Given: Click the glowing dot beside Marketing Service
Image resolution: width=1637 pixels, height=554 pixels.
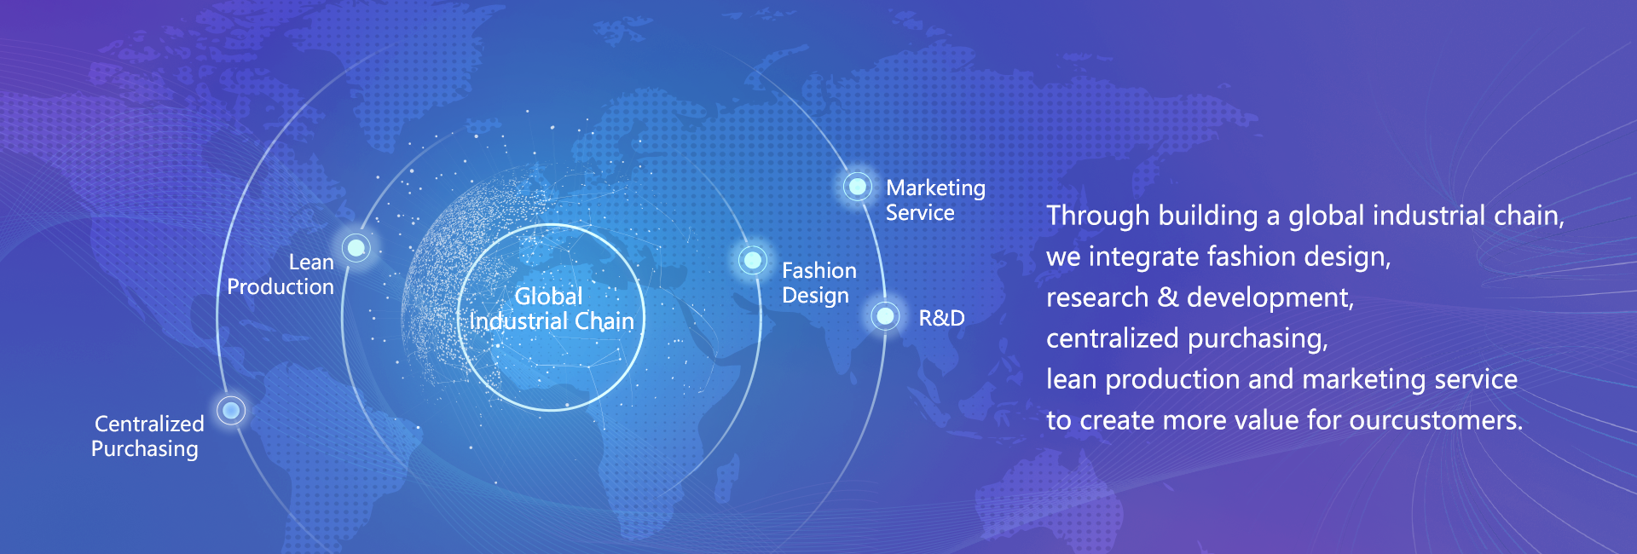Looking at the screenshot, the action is (x=857, y=186).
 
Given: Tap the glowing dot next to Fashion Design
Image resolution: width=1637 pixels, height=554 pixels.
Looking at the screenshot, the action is (x=753, y=259).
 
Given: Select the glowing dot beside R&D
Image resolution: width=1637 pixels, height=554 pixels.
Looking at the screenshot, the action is (x=886, y=316).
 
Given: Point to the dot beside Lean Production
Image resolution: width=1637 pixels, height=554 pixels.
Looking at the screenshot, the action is (x=356, y=248).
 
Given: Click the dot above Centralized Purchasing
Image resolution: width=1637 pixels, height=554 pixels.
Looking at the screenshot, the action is (x=231, y=411).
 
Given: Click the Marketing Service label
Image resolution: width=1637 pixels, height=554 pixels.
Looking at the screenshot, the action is (x=935, y=200).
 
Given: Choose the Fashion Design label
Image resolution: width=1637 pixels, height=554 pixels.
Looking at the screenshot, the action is (x=819, y=283).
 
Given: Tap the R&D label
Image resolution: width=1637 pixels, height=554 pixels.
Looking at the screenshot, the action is (x=941, y=318).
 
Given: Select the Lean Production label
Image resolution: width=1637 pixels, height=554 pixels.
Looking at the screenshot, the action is (x=281, y=274).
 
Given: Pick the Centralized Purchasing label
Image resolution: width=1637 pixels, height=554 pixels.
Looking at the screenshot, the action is (x=148, y=436).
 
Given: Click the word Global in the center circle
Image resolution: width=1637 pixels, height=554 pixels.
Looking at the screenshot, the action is (x=548, y=296).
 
